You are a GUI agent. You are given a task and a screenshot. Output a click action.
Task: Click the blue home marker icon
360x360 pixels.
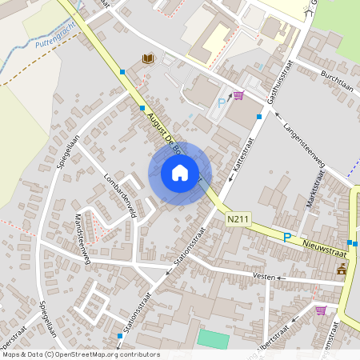pyautogui.click(x=180, y=173)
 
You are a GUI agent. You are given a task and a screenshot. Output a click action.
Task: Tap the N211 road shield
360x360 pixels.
pyautogui.click(x=237, y=218)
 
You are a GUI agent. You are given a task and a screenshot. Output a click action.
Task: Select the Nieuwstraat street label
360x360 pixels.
pyautogui.click(x=324, y=247)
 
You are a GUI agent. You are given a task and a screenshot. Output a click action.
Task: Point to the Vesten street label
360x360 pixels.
pyautogui.click(x=263, y=277)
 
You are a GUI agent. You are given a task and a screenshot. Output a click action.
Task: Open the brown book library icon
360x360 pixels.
pyautogui.click(x=147, y=58)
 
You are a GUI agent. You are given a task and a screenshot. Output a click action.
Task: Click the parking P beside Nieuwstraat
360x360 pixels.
pyautogui.click(x=287, y=237)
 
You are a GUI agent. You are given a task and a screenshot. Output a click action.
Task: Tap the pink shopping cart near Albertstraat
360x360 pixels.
pyautogui.click(x=321, y=310)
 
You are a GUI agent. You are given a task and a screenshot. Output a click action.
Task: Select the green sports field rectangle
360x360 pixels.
pyautogui.click(x=213, y=338)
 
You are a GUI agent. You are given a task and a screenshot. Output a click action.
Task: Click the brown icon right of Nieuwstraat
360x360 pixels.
pyautogui.click(x=342, y=269)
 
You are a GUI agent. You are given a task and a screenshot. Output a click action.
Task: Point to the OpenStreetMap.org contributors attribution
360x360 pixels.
pyautogui.click(x=80, y=354)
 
